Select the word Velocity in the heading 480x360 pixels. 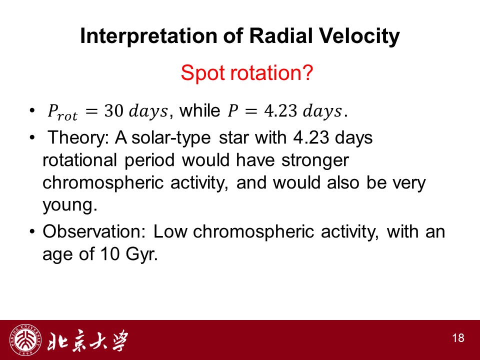[359, 36]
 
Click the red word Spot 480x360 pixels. [203, 73]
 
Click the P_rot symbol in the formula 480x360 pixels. [62, 112]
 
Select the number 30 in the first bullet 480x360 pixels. [113, 110]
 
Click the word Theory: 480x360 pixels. [78, 137]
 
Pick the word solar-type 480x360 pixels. [171, 138]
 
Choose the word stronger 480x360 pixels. [315, 160]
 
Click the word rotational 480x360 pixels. [80, 160]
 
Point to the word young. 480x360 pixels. [70, 205]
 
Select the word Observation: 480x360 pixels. [94, 231]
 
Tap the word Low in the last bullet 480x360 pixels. [170, 231]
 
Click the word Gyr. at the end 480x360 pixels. [141, 254]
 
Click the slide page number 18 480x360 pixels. [458, 338]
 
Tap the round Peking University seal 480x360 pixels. [25, 340]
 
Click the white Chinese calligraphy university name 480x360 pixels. [87, 340]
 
